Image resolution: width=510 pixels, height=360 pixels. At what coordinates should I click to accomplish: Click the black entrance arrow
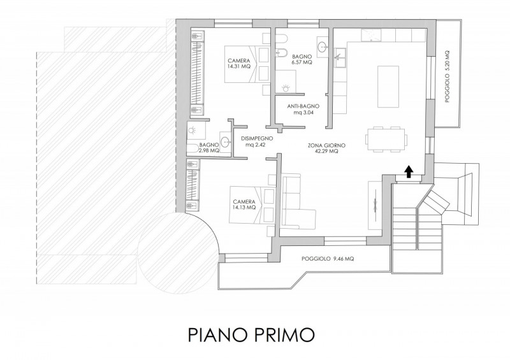pos(409,171)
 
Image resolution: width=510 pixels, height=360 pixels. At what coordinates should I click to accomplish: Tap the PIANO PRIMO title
pos(251,335)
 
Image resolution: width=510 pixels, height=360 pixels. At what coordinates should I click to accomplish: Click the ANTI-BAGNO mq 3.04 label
pos(303,110)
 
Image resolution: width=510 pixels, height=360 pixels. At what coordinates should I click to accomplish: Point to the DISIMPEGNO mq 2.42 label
pos(257,142)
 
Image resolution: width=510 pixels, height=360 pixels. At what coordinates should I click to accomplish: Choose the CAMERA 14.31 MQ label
pos(239,64)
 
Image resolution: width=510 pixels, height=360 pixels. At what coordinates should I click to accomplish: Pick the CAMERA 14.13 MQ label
pos(244,205)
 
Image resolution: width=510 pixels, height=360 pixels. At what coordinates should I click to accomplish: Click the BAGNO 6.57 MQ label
pos(302,59)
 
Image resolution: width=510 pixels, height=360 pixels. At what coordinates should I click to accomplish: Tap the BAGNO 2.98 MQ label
pos(209,148)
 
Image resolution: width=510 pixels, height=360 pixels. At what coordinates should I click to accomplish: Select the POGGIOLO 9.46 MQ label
pos(328,259)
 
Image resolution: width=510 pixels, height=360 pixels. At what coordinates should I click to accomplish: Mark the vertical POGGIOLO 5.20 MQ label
pos(448,76)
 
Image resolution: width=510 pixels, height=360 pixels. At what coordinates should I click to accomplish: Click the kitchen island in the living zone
pos(388,87)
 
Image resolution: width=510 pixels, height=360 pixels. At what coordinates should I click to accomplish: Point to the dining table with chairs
pos(386,139)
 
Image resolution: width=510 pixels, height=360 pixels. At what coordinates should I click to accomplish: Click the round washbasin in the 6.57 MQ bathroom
pos(323,47)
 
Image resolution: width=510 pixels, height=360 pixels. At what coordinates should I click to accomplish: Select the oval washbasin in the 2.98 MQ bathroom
pos(226,142)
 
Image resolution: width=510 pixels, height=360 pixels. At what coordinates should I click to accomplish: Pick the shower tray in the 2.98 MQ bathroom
pos(197,131)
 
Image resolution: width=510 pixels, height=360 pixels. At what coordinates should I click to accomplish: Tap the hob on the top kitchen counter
pos(370,35)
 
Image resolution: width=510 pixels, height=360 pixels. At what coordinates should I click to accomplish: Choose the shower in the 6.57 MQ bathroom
pos(286,82)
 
